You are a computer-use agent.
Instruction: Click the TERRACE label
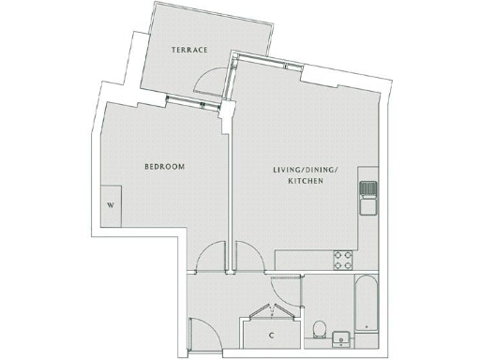click(x=188, y=49)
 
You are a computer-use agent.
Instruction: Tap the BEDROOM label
click(x=164, y=167)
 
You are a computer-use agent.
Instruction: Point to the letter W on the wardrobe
click(x=111, y=203)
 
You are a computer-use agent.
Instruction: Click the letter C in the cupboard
click(x=271, y=335)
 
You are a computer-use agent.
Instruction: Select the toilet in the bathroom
click(x=321, y=330)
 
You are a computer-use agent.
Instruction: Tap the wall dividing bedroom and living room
click(x=229, y=187)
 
